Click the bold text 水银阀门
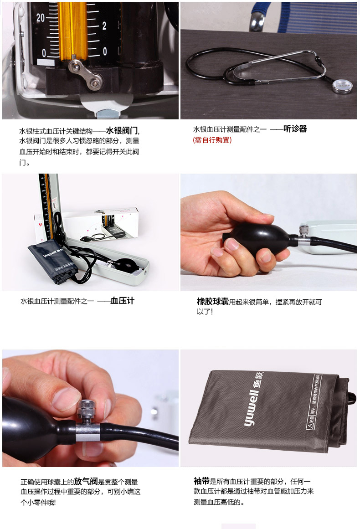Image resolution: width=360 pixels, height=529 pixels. (x=122, y=131)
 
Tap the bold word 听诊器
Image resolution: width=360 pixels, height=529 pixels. (x=295, y=129)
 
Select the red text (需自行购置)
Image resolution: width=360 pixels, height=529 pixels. (x=212, y=140)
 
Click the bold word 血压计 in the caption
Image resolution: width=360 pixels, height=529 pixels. (x=122, y=301)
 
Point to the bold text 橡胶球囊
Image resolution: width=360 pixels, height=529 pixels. (x=212, y=301)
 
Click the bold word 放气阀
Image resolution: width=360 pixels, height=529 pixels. (x=86, y=481)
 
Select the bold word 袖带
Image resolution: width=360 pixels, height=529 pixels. (x=201, y=481)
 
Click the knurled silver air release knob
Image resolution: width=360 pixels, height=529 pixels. (x=87, y=412)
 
